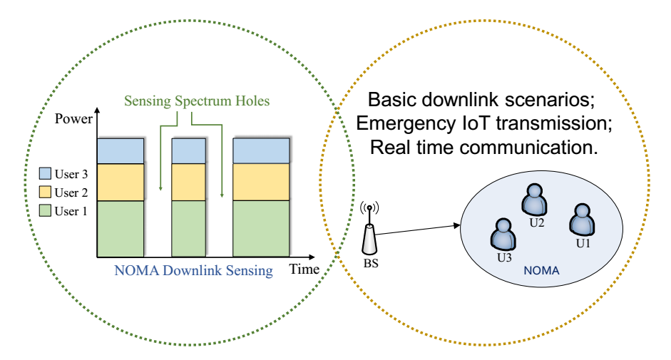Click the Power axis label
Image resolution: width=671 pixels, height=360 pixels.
pos(74,119)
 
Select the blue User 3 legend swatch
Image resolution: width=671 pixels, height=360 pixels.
pos(44,173)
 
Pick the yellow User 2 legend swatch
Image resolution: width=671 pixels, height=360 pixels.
pos(44,192)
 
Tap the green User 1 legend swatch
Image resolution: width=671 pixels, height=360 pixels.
pos(44,211)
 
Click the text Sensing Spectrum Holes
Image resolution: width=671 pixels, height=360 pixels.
pos(197,101)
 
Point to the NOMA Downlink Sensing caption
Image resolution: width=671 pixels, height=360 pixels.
pos(193,270)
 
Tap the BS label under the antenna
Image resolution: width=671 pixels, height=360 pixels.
pos(369,264)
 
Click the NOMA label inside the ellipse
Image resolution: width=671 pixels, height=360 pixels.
pos(541,271)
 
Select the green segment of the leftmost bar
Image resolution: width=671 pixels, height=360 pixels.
pos(121,228)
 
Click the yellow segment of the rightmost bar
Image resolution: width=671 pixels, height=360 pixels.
pos(262,182)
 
